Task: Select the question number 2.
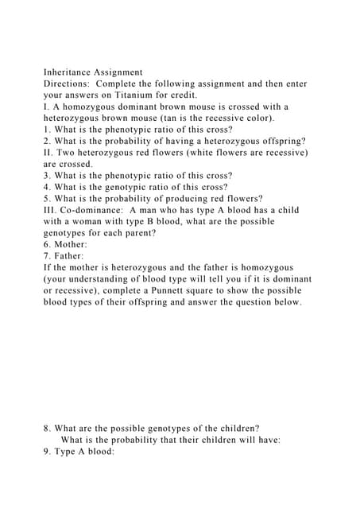pyautogui.click(x=46, y=141)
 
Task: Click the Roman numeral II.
pyautogui.click(x=48, y=152)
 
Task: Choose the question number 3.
pyautogui.click(x=46, y=175)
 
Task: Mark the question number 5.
pyautogui.click(x=46, y=198)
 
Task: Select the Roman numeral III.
pyautogui.click(x=49, y=210)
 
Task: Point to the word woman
pyautogui.click(x=89, y=221)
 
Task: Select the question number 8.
pyautogui.click(x=46, y=428)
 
